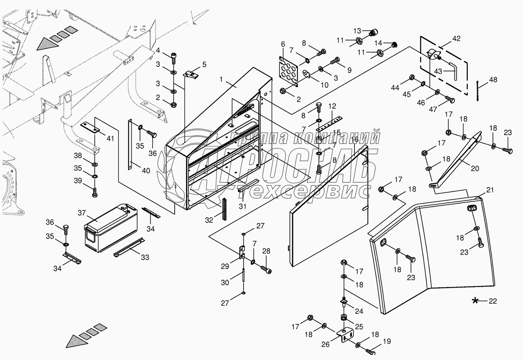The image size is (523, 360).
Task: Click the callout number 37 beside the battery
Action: (x=82, y=213)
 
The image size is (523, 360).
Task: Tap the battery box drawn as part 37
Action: (x=111, y=228)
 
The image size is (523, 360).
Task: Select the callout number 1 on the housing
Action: (x=221, y=79)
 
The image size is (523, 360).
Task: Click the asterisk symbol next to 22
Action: (x=475, y=301)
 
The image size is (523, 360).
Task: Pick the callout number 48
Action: (x=493, y=80)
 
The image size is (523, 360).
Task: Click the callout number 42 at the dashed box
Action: (x=456, y=39)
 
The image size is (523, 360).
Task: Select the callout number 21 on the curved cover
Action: (x=490, y=190)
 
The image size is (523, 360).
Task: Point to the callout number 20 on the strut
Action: (x=475, y=168)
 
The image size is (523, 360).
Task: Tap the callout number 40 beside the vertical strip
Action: (x=146, y=170)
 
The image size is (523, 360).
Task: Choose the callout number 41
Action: (x=110, y=138)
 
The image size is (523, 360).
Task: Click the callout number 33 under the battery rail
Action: (x=145, y=257)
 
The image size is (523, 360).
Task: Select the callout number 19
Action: (x=387, y=341)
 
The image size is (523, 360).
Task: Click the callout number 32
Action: (x=209, y=220)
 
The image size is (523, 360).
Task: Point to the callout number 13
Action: (x=357, y=31)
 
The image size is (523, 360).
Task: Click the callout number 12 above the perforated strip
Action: (x=332, y=106)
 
